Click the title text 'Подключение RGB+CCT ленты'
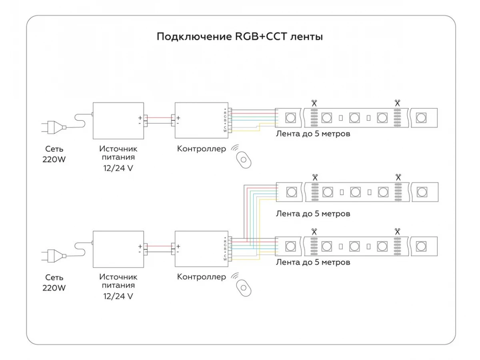click(240, 37)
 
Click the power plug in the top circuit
click(54, 127)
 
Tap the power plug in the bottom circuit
click(54, 256)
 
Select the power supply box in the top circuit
click(118, 121)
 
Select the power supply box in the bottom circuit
click(118, 249)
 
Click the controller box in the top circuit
click(202, 120)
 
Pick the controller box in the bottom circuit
click(202, 249)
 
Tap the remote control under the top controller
click(244, 160)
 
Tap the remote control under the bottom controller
click(244, 288)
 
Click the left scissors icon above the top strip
click(314, 103)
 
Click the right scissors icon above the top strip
click(397, 103)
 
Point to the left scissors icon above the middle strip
click(315, 177)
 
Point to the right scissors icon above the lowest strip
click(397, 232)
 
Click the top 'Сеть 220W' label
click(54, 154)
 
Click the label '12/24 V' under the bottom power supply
click(118, 296)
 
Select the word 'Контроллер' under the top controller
click(202, 149)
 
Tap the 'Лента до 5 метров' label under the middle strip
click(313, 213)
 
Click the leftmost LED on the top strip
click(290, 118)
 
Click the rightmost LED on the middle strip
click(422, 192)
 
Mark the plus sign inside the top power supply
click(140, 118)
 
